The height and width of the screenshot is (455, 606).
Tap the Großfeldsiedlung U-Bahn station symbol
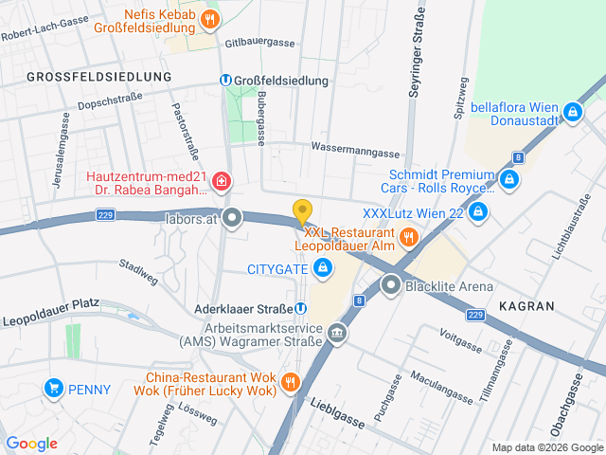pyautogui.click(x=225, y=81)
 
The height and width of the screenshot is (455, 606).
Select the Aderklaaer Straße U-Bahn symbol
pyautogui.click(x=300, y=307)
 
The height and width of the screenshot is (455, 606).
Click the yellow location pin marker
pyautogui.click(x=302, y=211)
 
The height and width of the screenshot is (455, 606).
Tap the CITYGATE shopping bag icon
pyautogui.click(x=323, y=268)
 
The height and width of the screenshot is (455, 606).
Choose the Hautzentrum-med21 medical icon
pyautogui.click(x=221, y=180)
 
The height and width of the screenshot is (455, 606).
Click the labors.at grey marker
pyautogui.click(x=233, y=219)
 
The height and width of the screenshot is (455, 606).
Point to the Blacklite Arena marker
pyautogui.click(x=391, y=285)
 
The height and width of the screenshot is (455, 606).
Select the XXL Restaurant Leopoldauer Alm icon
pyautogui.click(x=409, y=238)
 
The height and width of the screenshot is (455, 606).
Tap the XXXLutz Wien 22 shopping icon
pyautogui.click(x=478, y=211)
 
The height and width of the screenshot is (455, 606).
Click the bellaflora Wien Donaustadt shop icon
pyautogui.click(x=572, y=113)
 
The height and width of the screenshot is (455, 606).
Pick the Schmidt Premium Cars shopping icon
pyautogui.click(x=509, y=179)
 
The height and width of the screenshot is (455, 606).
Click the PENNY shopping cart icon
pyautogui.click(x=54, y=389)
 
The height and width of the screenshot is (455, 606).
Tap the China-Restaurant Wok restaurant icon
pyautogui.click(x=291, y=383)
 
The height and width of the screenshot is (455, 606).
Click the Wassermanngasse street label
pyautogui.click(x=355, y=151)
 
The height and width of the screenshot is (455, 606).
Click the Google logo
pyautogui.click(x=31, y=443)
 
